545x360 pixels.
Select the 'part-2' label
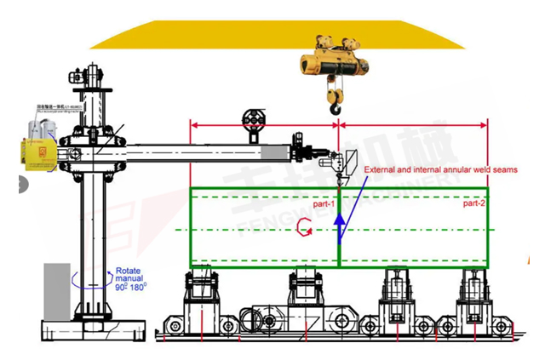[473, 204]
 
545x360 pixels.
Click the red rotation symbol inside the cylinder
[303, 228]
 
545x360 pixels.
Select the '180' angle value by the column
[139, 286]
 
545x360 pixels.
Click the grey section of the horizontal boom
[276, 153]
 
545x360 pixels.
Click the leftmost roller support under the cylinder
[203, 289]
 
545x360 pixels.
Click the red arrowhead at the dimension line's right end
[485, 124]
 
